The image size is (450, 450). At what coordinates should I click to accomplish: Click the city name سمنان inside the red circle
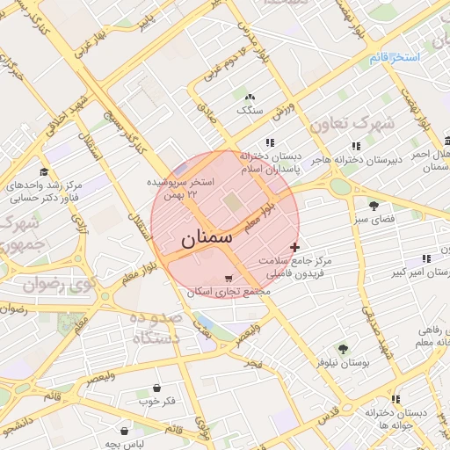(207, 237)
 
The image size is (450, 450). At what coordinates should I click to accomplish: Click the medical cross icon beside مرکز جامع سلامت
(294, 248)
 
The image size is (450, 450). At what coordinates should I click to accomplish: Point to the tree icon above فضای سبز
(374, 206)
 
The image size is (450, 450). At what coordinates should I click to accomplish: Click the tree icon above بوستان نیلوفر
(342, 348)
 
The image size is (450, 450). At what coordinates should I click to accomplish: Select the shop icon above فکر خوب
(156, 388)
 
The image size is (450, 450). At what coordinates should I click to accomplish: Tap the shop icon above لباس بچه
(125, 432)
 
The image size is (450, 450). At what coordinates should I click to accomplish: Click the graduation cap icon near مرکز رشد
(44, 171)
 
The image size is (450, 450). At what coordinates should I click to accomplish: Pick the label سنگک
(250, 111)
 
